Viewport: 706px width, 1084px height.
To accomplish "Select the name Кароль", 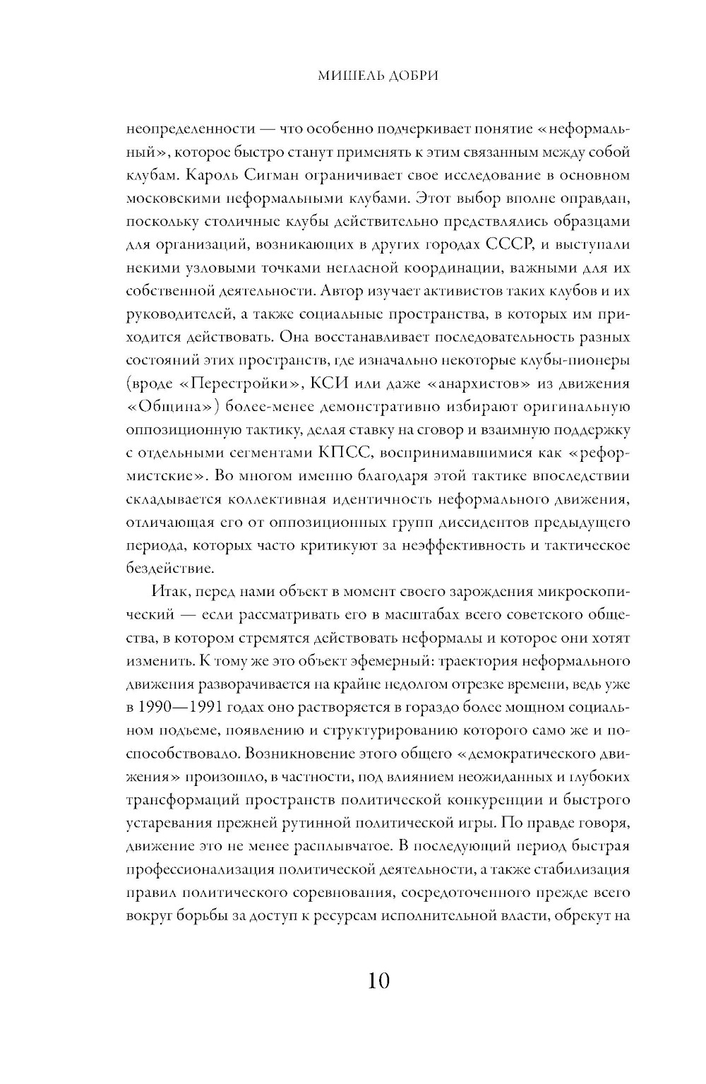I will (x=209, y=175).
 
